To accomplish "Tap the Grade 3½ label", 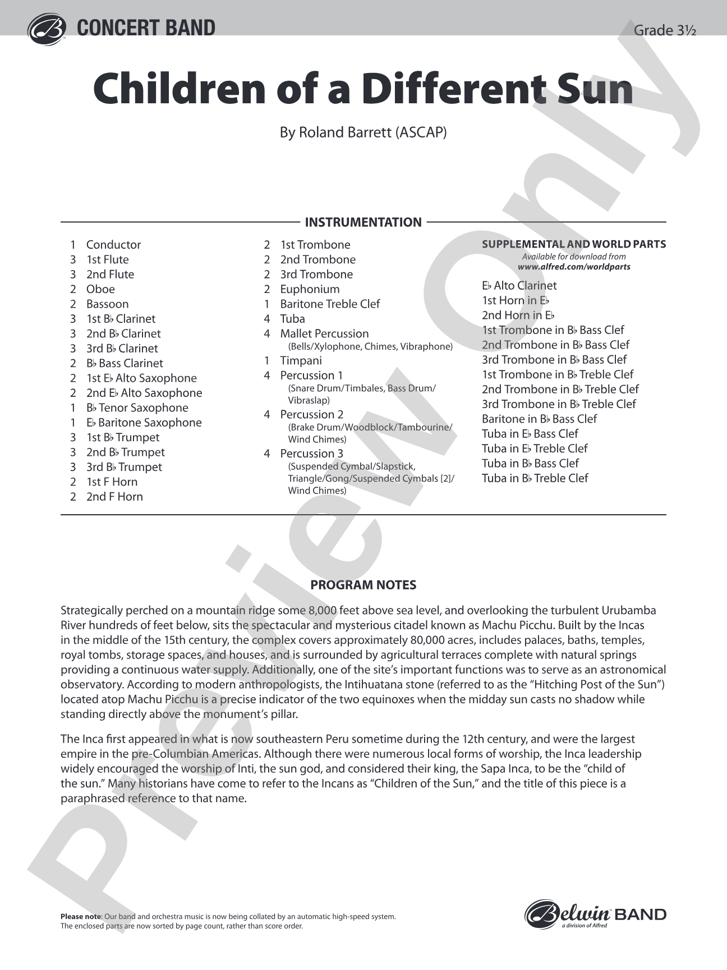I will (x=664, y=30).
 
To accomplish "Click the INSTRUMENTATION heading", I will (x=363, y=222).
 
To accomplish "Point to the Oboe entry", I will (x=100, y=289).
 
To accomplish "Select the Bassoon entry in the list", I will (x=107, y=304).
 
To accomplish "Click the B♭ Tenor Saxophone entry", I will (x=137, y=408).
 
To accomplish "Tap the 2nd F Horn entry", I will (x=114, y=496).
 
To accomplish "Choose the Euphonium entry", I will (x=310, y=289).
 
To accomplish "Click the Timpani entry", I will (x=301, y=360).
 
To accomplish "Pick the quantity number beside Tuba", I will (x=267, y=319).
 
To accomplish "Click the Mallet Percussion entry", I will (x=324, y=333).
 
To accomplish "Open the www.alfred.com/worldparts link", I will (x=574, y=267).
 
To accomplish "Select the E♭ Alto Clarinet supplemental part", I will (x=519, y=285).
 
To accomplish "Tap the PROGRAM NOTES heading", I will (x=363, y=585).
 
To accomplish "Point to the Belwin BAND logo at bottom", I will (x=595, y=914).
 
